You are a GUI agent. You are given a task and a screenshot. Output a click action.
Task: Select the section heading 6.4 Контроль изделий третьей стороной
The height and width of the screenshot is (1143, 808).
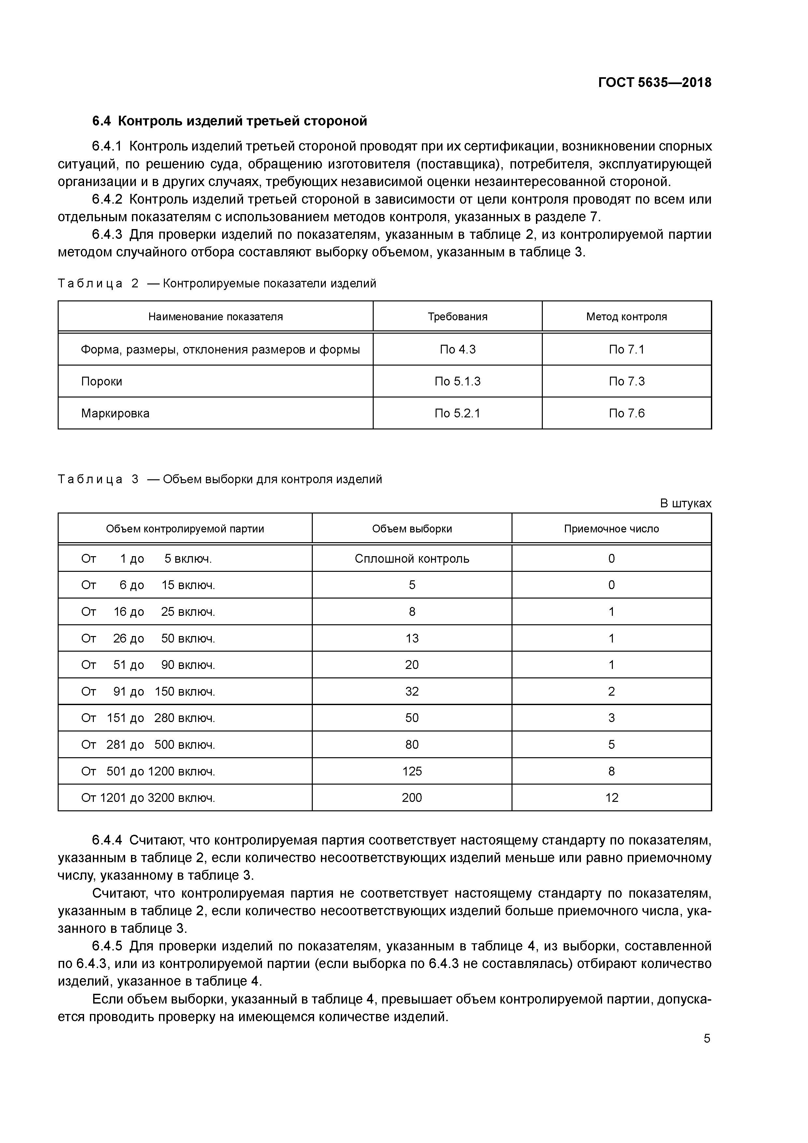click(x=229, y=121)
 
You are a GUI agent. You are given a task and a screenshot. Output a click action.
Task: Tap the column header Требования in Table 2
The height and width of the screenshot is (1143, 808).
click(x=457, y=317)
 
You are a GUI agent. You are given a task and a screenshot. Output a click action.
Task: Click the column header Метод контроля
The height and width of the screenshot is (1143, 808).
click(x=626, y=317)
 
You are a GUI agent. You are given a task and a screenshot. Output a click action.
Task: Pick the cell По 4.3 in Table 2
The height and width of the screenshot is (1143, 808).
click(x=457, y=350)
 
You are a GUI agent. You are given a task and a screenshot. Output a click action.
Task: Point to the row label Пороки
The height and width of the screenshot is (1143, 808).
click(x=102, y=381)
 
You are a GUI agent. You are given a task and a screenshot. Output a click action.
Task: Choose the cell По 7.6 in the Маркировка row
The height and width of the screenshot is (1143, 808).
click(x=626, y=413)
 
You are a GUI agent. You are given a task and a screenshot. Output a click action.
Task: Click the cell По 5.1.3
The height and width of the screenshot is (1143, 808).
click(x=457, y=381)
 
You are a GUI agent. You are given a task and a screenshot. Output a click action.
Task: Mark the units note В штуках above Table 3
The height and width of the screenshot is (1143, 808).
click(x=685, y=503)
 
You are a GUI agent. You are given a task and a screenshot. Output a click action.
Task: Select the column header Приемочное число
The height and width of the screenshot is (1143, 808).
click(x=611, y=529)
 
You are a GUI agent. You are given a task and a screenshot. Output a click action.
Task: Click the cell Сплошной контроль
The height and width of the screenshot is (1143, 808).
click(x=412, y=558)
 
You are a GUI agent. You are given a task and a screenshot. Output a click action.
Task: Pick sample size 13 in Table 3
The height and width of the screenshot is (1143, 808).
click(x=412, y=638)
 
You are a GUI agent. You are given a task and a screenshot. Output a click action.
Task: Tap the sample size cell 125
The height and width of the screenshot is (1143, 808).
click(x=412, y=771)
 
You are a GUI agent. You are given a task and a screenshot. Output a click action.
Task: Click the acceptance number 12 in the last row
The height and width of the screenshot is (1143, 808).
click(x=611, y=798)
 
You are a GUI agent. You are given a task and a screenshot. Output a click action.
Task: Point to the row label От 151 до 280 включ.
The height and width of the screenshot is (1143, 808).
click(x=148, y=718)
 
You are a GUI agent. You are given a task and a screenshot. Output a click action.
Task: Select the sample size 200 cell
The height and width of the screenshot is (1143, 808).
click(x=412, y=798)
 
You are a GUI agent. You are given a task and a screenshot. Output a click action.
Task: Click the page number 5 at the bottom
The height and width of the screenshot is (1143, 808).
click(x=707, y=1038)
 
